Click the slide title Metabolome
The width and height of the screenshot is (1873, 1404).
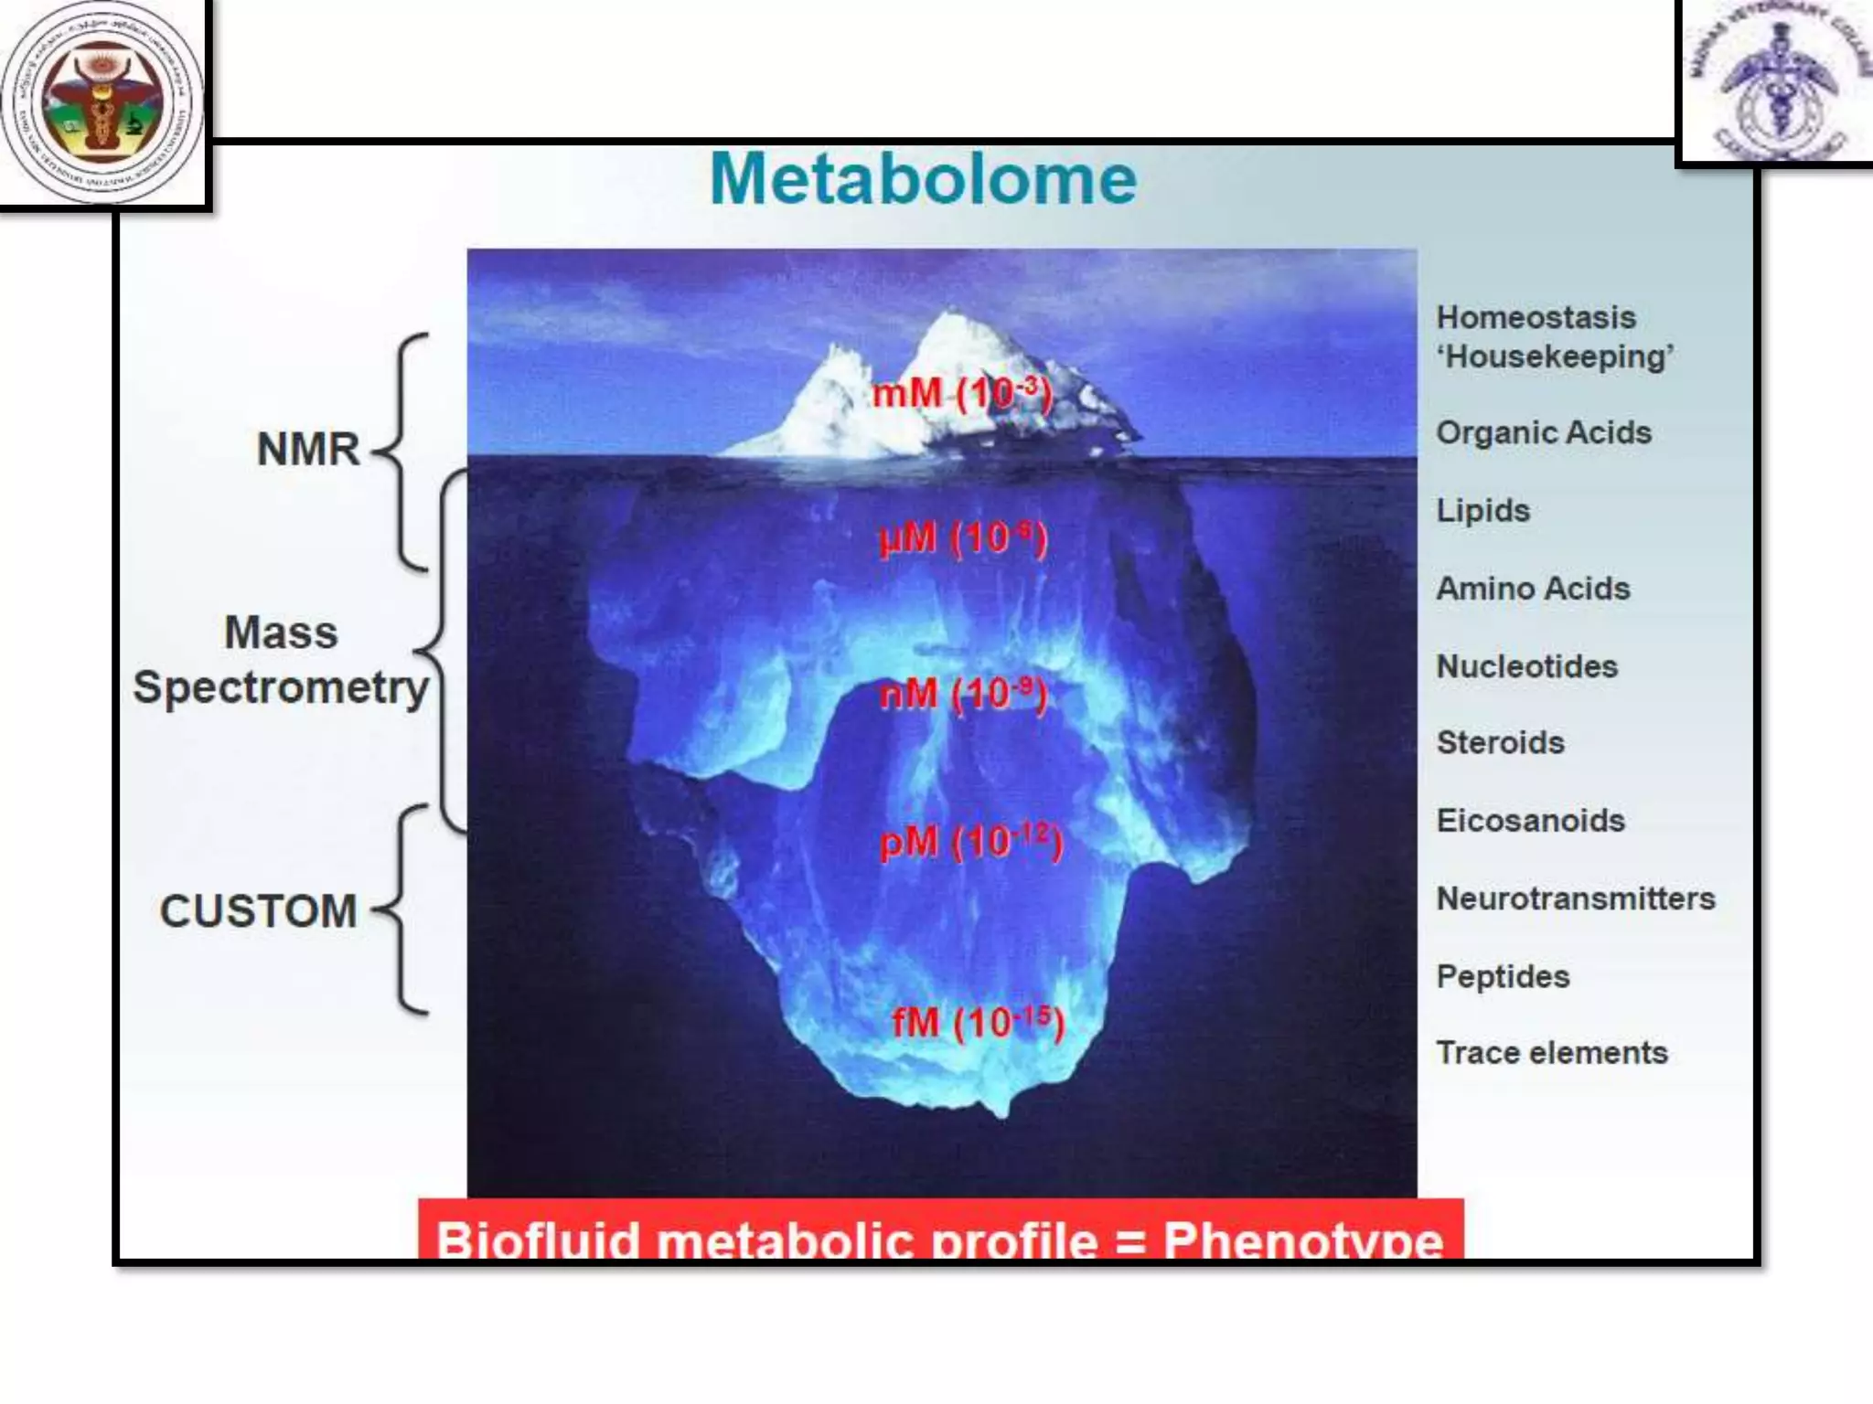pos(923,179)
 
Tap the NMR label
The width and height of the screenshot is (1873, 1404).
pos(308,450)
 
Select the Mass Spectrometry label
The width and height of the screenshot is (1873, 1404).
pos(281,660)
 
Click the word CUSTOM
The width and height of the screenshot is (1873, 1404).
pos(259,911)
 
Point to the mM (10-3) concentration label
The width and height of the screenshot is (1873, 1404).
pos(961,394)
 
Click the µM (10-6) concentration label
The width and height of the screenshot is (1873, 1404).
pos(962,538)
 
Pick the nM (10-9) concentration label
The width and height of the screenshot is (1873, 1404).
pos(962,694)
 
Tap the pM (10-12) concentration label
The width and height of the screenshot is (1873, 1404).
pos(970,842)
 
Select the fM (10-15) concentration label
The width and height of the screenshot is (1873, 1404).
pos(978,1022)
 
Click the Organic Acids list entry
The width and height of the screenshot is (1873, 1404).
pos(1543,433)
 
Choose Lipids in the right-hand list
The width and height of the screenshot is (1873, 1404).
pos(1482,511)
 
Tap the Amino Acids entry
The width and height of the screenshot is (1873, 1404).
pos(1533,589)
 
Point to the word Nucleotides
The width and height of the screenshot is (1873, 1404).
pos(1526,666)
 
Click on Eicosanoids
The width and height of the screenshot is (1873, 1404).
pos(1530,821)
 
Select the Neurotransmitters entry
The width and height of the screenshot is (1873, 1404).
pos(1575,899)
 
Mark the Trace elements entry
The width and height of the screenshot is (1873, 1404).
pos(1551,1053)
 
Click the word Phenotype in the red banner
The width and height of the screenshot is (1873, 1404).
pos(1302,1240)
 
